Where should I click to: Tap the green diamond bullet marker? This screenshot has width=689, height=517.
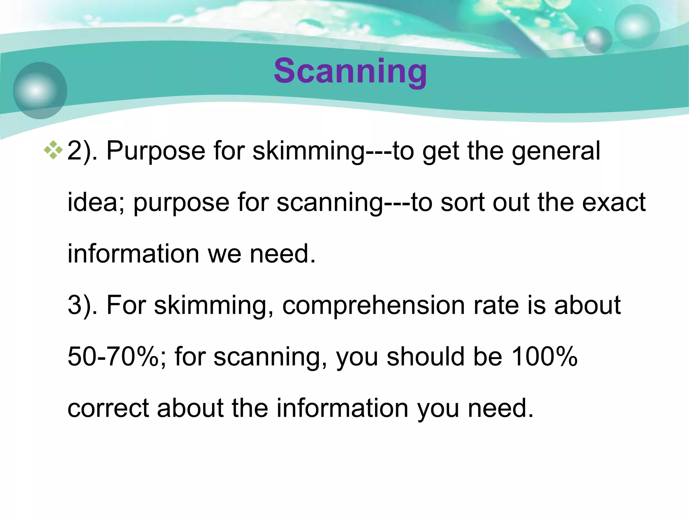53,150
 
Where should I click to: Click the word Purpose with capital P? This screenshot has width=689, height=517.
155,151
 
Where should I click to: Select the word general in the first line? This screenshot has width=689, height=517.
556,151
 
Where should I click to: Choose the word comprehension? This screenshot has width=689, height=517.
373,305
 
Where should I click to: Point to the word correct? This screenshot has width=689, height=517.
108,408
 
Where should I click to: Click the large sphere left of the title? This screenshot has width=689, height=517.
40,90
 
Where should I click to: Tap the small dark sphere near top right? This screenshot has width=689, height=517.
597,40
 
